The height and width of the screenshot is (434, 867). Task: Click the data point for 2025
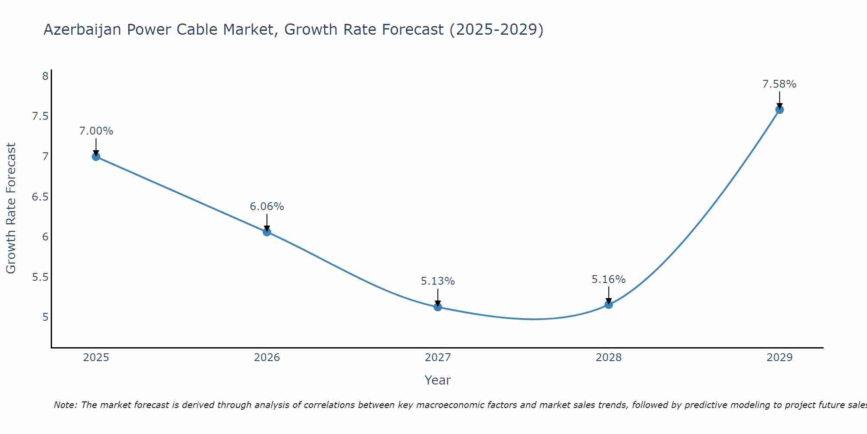96,157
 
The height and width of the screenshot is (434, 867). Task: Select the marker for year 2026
267,232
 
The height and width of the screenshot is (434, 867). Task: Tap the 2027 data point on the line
438,307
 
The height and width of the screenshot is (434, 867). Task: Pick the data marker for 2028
609,305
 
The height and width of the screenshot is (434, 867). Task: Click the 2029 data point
779,110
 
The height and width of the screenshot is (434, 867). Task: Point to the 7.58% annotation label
779,84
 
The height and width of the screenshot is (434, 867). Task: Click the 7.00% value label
96,131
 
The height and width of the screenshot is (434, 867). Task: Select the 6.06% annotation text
267,207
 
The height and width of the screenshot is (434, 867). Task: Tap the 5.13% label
438,281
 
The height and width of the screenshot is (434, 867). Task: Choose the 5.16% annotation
609,279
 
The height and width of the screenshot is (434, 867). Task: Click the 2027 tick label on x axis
438,358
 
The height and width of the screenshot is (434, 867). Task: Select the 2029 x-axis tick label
779,358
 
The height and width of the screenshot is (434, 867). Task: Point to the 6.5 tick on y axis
40,197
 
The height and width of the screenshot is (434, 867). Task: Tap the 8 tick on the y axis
45,76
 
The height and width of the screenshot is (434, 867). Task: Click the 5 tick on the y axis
45,317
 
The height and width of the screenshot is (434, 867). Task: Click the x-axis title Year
438,380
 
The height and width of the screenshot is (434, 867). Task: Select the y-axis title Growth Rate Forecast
11,208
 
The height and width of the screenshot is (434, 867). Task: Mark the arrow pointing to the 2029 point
779,100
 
